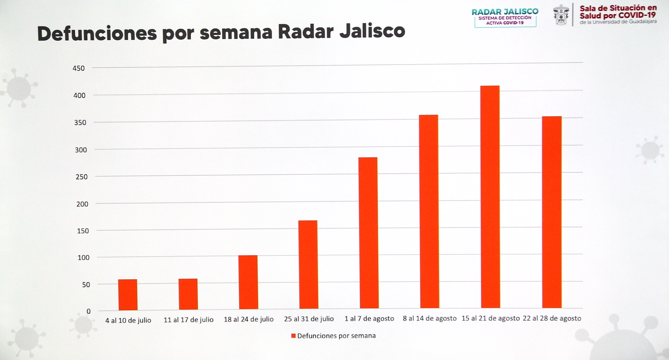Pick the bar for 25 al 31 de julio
coord(308,265)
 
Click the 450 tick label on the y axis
coord(79,68)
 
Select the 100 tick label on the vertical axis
coord(83,258)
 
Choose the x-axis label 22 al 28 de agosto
coord(552,318)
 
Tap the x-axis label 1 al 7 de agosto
coord(369,319)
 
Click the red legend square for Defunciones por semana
coord(294,336)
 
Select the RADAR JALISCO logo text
coord(505,12)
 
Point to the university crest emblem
coord(561,15)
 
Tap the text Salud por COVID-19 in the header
coord(618,16)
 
